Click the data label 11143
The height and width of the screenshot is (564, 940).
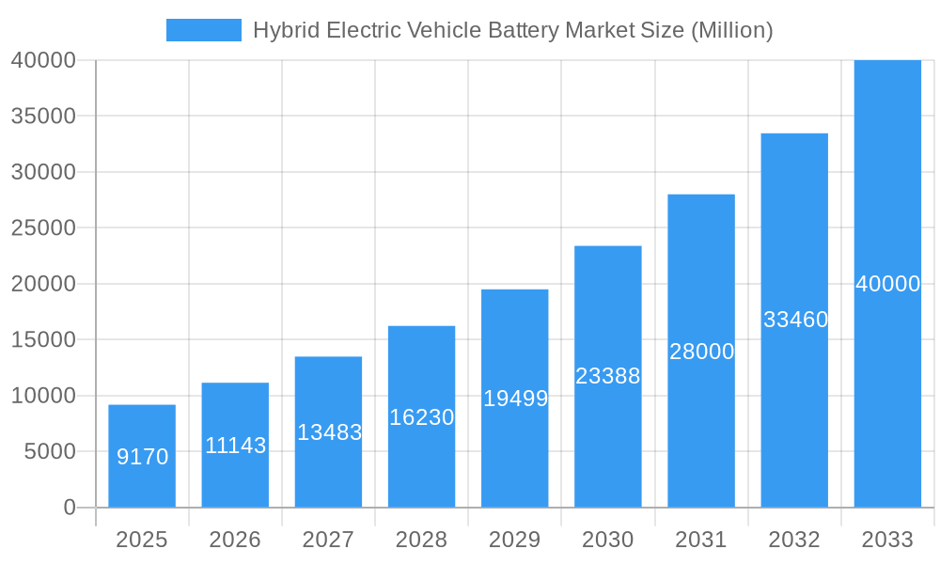pos(235,446)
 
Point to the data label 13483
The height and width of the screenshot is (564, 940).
pos(329,432)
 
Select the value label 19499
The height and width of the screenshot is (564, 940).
pos(515,399)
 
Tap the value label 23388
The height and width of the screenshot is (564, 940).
pos(607,376)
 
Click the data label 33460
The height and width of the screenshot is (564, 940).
pos(795,320)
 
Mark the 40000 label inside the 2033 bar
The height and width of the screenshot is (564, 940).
pos(887,284)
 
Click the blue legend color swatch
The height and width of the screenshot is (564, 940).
pos(203,30)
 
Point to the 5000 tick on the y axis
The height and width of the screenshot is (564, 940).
pos(43,451)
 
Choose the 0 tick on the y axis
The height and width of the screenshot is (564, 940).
pos(70,508)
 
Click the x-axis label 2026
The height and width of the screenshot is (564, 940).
pos(235,540)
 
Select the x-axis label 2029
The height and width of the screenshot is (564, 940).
pos(515,540)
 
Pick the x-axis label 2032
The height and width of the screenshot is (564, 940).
pos(794,540)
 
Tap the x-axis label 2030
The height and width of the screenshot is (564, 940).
pos(608,540)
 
